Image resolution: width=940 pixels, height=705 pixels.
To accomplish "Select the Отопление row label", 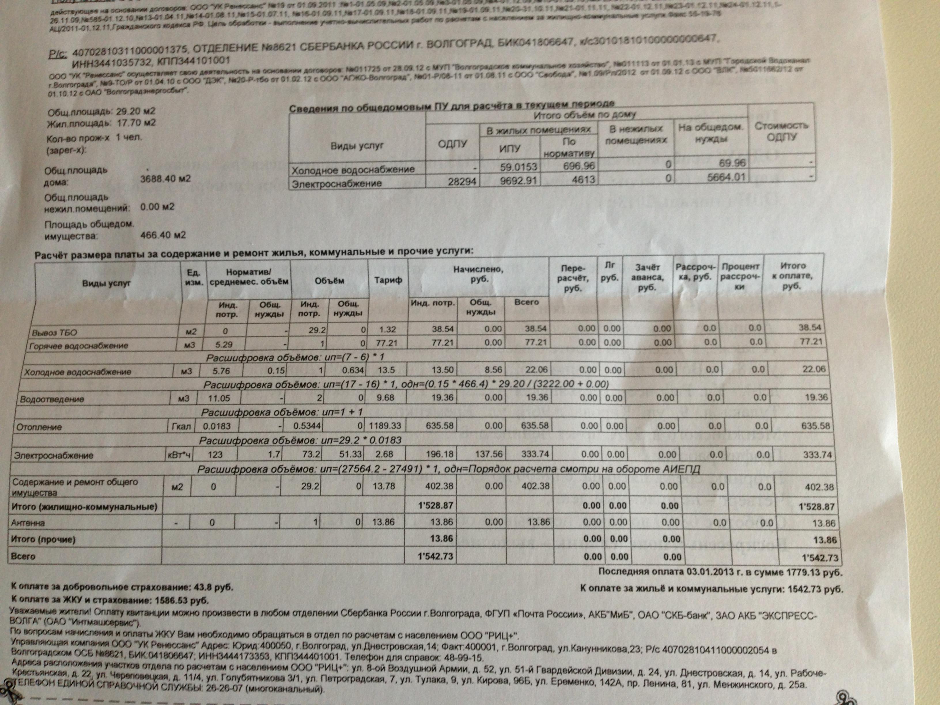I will point(39,427).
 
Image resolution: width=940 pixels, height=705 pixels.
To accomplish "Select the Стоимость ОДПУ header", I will point(781,131).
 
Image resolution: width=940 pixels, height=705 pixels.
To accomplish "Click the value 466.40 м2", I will point(163,235).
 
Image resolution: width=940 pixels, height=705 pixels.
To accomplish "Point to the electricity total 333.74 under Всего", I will point(535,454).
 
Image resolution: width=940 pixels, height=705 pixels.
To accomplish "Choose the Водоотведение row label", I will point(52,399).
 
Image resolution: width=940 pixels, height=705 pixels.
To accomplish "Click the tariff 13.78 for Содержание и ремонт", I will point(384,486).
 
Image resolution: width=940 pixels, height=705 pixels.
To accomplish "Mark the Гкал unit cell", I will point(180,426).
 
